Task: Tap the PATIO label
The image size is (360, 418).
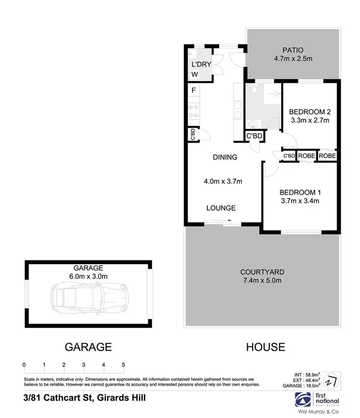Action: (x=293, y=50)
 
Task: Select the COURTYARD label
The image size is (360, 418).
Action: (x=261, y=272)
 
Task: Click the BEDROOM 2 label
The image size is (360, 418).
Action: (x=309, y=111)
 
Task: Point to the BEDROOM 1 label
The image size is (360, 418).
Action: (x=300, y=192)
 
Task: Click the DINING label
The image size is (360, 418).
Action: (x=225, y=157)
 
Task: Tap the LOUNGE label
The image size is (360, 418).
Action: (x=221, y=208)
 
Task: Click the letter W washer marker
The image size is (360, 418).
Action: (x=194, y=74)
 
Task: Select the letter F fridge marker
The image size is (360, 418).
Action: (x=193, y=90)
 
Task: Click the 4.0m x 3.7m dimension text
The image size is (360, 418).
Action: (x=223, y=181)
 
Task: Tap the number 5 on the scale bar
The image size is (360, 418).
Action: (x=123, y=364)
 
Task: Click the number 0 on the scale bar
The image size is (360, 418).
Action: (x=24, y=364)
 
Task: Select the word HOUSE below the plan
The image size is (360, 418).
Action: (x=265, y=346)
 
